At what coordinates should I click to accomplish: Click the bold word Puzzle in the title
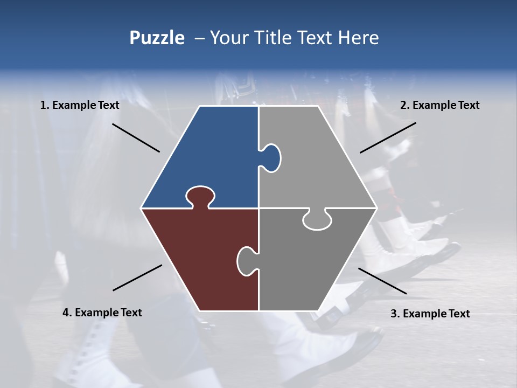coord(157,38)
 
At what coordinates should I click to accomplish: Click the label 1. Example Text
coord(80,106)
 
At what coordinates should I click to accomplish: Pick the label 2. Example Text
coord(439,106)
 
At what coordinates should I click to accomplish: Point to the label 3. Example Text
coord(430,314)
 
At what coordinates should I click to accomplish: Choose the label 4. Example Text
coord(102,313)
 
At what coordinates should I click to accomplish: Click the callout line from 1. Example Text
coord(136,138)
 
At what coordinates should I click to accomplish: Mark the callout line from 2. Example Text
coord(388,137)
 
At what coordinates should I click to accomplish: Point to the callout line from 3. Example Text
coord(382,281)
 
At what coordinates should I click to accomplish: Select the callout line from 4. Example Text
coord(137,278)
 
